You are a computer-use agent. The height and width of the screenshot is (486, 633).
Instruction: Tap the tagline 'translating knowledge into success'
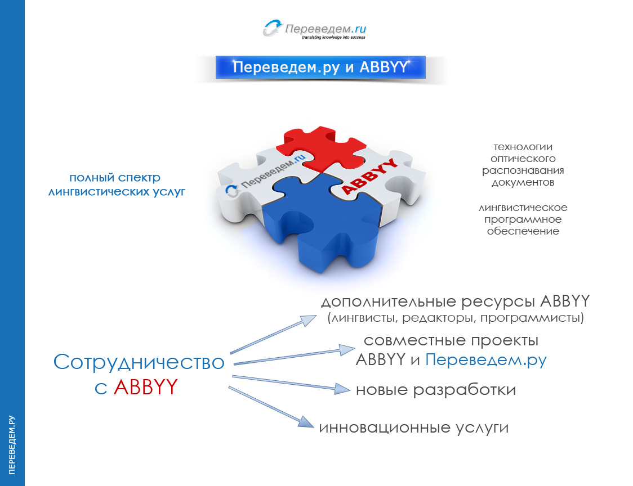[x=333, y=38]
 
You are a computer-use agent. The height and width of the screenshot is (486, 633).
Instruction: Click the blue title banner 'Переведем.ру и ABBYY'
[x=320, y=67]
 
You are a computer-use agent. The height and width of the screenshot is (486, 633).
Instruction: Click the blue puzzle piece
[x=315, y=225]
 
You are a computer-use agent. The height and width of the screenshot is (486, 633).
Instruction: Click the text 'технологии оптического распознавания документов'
[x=523, y=164]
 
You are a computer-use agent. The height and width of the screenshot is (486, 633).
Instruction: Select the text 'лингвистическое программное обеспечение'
[x=523, y=219]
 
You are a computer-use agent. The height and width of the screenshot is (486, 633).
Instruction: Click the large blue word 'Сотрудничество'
[x=139, y=362]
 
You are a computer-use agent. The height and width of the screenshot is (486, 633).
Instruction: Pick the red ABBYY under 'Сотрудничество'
[x=145, y=388]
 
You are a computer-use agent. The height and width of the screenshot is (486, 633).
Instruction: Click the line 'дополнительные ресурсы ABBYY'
[x=455, y=301]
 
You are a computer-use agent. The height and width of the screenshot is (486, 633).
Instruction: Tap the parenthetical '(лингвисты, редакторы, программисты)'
[x=455, y=318]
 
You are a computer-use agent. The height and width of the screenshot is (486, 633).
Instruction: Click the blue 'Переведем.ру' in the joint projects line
[x=485, y=359]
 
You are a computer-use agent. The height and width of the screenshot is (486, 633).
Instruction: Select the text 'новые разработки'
[x=435, y=390]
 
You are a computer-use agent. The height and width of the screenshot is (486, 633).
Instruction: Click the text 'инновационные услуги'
[x=414, y=427]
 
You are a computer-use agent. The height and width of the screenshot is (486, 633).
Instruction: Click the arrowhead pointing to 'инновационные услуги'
[x=306, y=423]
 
